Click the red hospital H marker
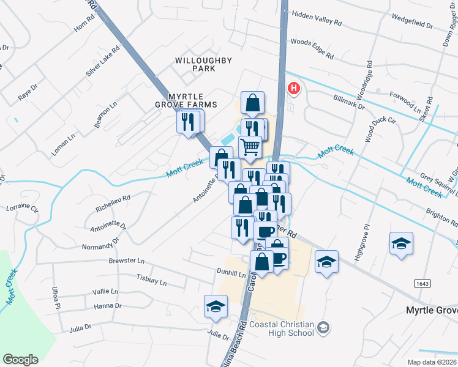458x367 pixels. click(x=294, y=89)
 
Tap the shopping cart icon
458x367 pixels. click(x=250, y=147)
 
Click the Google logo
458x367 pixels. click(x=20, y=360)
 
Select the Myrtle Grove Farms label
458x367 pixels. click(x=192, y=101)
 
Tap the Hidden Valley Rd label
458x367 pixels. click(x=317, y=18)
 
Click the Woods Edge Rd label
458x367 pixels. click(x=312, y=49)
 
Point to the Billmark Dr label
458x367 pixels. click(x=348, y=102)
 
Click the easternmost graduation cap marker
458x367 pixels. click(x=401, y=243)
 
